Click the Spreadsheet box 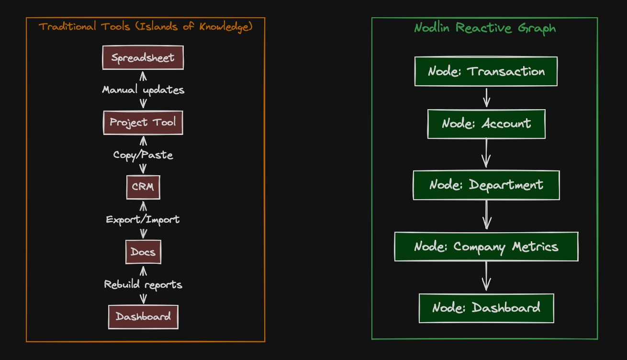pos(143,58)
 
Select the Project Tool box pos(143,122)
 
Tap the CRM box pos(143,187)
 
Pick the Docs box pos(143,252)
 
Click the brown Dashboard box pos(143,316)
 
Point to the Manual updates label pos(143,90)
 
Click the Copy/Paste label pos(143,155)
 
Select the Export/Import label pos(143,220)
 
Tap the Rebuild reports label pos(143,284)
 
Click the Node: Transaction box pos(486,71)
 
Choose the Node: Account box pos(486,124)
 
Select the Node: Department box pos(486,185)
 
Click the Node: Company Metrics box pos(486,247)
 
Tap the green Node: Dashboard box pos(486,308)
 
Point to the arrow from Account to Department pos(486,153)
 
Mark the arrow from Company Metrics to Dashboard pos(486,276)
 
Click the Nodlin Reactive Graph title pos(485,28)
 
